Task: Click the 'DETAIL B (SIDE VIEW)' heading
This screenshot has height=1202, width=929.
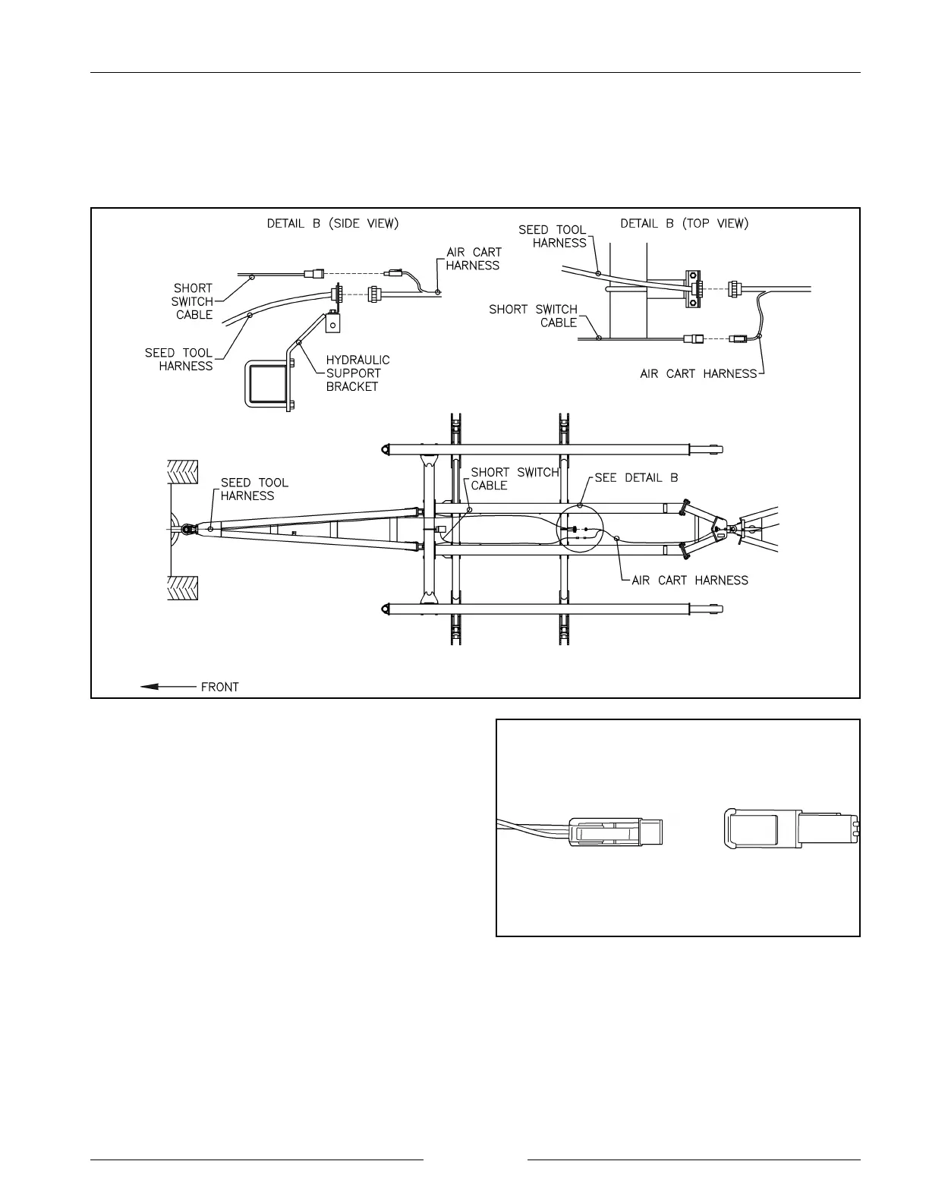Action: (x=332, y=223)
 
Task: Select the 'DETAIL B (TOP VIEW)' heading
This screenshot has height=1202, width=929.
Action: (x=684, y=223)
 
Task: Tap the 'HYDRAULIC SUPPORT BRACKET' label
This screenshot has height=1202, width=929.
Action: (x=357, y=373)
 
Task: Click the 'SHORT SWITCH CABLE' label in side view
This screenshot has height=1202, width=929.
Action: (x=193, y=301)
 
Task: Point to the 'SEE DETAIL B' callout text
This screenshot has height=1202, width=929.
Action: (x=636, y=478)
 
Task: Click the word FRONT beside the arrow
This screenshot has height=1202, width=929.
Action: (x=219, y=687)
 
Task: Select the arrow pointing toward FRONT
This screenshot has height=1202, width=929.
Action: (x=168, y=687)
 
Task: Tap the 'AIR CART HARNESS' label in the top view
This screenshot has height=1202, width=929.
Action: (x=698, y=373)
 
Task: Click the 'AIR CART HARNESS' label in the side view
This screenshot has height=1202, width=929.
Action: (x=473, y=259)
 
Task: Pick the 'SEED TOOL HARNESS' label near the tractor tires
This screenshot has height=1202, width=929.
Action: (x=254, y=489)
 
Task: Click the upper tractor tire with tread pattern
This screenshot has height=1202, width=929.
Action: (x=182, y=473)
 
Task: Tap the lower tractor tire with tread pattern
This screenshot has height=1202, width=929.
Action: (x=182, y=588)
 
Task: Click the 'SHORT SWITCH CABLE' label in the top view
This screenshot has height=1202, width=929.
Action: (x=533, y=316)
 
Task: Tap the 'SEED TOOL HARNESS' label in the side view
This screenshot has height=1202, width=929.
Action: (x=179, y=359)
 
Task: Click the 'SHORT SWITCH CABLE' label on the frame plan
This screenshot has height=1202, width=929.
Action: (x=515, y=478)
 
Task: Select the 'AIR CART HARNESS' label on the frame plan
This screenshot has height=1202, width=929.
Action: (x=689, y=581)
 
